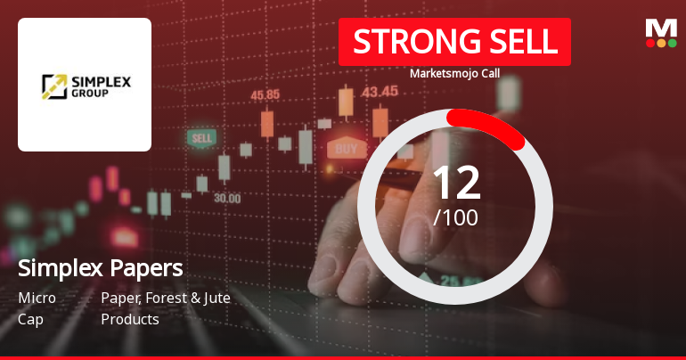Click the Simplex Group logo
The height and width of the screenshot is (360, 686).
85,86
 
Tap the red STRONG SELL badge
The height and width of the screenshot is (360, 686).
454,42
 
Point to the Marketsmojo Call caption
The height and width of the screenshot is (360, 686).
454,74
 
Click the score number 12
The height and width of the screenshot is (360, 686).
455,183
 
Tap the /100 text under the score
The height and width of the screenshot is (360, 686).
455,217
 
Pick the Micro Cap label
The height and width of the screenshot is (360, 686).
37,308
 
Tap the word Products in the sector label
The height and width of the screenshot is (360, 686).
130,319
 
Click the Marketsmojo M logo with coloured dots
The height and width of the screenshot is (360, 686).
660,33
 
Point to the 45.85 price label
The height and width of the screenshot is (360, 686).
265,94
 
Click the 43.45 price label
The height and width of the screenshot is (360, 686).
380,91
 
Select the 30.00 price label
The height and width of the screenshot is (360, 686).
227,198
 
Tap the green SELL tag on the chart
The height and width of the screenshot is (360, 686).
202,139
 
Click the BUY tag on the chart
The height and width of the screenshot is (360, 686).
347,148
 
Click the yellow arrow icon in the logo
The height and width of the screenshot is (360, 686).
54,86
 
